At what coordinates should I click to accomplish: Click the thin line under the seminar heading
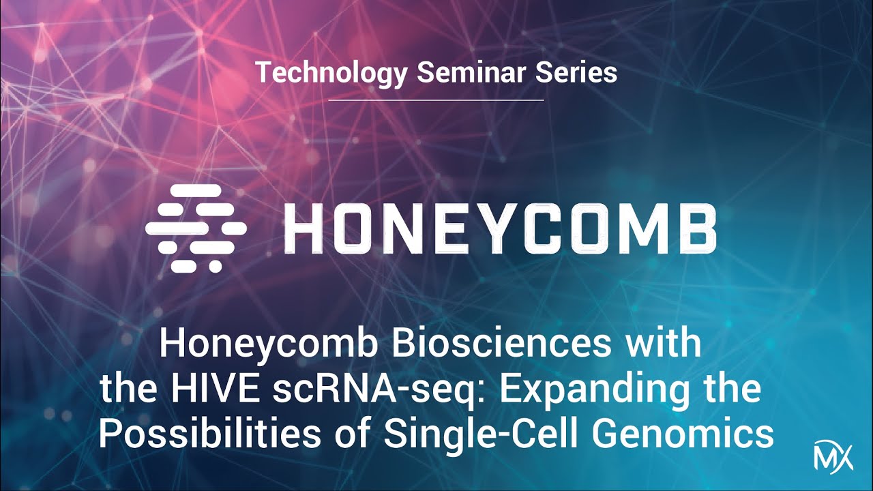point(436,100)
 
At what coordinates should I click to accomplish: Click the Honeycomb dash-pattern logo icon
point(196,228)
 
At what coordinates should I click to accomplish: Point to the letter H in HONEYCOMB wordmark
point(303,228)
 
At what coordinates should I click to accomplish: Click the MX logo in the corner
point(833,455)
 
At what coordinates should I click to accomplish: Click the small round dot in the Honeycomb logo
point(216,267)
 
